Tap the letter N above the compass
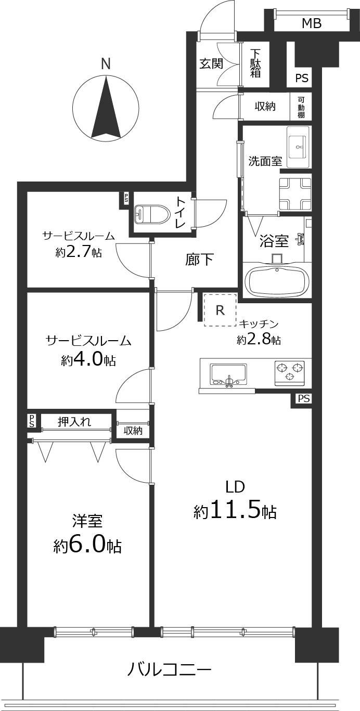pyautogui.click(x=106, y=64)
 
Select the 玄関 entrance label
pyautogui.click(x=212, y=63)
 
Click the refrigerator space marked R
pyautogui.click(x=220, y=311)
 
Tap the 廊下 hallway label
pyautogui.click(x=199, y=259)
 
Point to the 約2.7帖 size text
pyautogui.click(x=79, y=253)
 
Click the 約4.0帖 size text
pyautogui.click(x=88, y=360)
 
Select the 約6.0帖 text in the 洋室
pyautogui.click(x=87, y=545)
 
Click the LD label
pyautogui.click(x=235, y=487)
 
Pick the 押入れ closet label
pyautogui.click(x=74, y=421)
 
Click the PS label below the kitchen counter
pyautogui.click(x=304, y=399)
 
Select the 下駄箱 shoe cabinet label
pyautogui.click(x=255, y=63)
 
